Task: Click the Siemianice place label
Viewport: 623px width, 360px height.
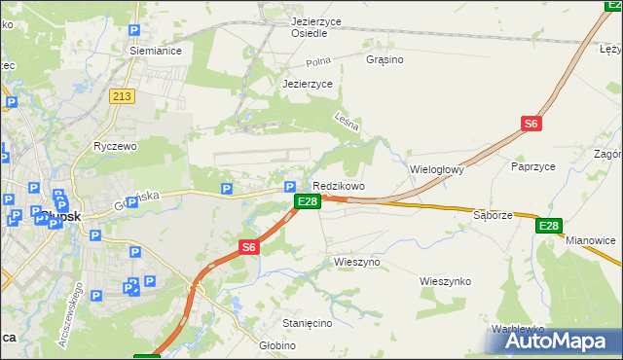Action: pos(157,51)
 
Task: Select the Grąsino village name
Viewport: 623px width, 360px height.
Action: pos(385,59)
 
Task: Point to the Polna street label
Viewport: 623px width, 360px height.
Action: pos(318,61)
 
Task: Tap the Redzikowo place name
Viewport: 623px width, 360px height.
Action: pos(338,186)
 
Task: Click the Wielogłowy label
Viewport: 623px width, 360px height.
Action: pos(437,168)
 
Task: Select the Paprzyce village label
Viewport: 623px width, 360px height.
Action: pos(532,166)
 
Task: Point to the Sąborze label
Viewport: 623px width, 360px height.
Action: pos(492,214)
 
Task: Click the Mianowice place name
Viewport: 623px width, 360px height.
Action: pos(591,239)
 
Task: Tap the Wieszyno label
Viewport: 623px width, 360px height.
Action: pos(356,262)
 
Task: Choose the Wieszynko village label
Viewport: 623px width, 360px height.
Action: pos(445,281)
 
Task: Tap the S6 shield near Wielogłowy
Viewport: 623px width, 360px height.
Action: pos(531,124)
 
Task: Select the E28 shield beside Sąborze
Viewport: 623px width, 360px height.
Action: pos(549,226)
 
